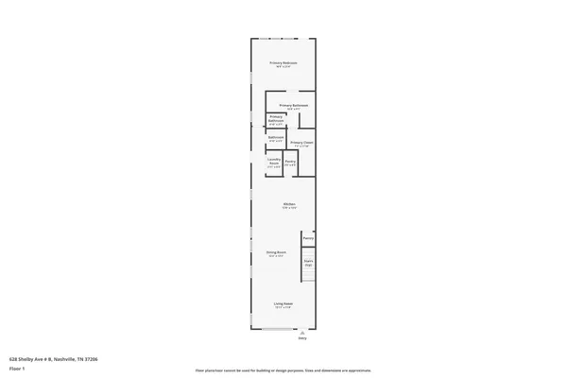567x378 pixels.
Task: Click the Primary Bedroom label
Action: pyautogui.click(x=283, y=62)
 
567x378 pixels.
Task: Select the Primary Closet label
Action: pyautogui.click(x=302, y=142)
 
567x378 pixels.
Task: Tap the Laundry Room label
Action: pyautogui.click(x=273, y=162)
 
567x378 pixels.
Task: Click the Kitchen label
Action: pyautogui.click(x=289, y=204)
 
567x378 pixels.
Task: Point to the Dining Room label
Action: pyautogui.click(x=276, y=252)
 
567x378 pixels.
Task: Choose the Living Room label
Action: pyautogui.click(x=283, y=303)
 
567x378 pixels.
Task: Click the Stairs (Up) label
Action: pyautogui.click(x=308, y=262)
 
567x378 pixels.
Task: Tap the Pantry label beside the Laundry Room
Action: pyautogui.click(x=291, y=162)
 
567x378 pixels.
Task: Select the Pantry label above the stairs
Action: pyautogui.click(x=308, y=238)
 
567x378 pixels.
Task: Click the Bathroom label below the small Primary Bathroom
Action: pyautogui.click(x=276, y=137)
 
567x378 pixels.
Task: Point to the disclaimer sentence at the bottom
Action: pyautogui.click(x=283, y=370)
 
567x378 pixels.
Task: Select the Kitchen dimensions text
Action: pyautogui.click(x=289, y=208)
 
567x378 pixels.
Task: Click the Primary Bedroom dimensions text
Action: pyautogui.click(x=283, y=66)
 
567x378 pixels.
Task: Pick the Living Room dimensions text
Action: pyautogui.click(x=283, y=307)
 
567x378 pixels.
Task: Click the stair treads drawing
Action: pyautogui.click(x=308, y=274)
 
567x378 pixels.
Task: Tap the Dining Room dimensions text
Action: pyautogui.click(x=276, y=256)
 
